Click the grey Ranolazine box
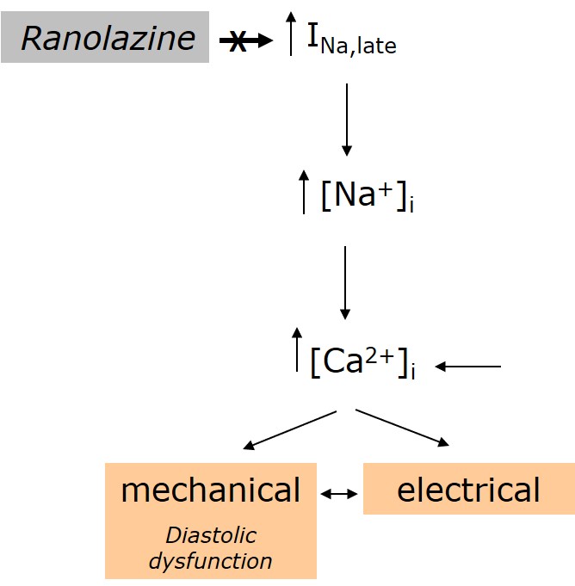click(x=105, y=37)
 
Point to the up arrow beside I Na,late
click(x=291, y=34)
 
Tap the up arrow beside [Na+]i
click(x=303, y=191)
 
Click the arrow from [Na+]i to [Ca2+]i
click(x=345, y=282)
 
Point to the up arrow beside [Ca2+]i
click(x=297, y=349)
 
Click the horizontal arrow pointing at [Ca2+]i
click(x=468, y=367)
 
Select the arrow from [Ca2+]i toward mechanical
click(x=290, y=429)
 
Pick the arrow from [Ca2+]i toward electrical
click(x=402, y=428)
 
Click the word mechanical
click(x=211, y=490)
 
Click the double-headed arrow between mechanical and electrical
click(x=339, y=493)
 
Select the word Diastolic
click(x=211, y=536)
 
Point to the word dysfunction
click(x=211, y=562)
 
